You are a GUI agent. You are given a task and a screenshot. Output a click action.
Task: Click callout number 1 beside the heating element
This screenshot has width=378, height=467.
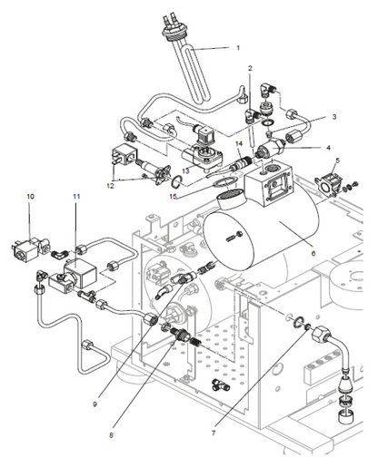238,48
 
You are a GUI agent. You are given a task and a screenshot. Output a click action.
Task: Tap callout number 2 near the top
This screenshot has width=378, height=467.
250,68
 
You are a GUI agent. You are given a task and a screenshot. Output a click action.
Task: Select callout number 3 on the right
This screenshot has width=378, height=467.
334,117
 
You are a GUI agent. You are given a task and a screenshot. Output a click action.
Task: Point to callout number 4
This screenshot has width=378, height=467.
328,148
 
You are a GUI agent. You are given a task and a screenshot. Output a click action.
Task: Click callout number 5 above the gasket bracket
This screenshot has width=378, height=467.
338,161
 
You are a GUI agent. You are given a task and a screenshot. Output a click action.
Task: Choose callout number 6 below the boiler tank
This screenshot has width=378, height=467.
313,253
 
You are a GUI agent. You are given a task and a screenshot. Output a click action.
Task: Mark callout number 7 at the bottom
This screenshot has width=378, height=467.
214,433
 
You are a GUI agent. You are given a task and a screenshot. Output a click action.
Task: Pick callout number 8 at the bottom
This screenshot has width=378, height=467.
111,435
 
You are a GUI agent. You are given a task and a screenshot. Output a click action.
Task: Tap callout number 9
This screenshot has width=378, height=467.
94,404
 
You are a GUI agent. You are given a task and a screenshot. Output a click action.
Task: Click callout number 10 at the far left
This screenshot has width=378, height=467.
30,197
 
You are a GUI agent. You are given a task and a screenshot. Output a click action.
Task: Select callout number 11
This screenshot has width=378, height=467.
76,197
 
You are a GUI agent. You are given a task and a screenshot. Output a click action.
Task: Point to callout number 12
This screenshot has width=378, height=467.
110,186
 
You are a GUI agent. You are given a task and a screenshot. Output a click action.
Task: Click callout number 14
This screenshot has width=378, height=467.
239,143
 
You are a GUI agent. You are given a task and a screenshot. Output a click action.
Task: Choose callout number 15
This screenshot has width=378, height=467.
173,197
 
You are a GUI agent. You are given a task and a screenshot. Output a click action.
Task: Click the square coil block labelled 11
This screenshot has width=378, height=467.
81,273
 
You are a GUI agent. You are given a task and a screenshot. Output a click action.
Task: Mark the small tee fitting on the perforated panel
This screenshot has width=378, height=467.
221,384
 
